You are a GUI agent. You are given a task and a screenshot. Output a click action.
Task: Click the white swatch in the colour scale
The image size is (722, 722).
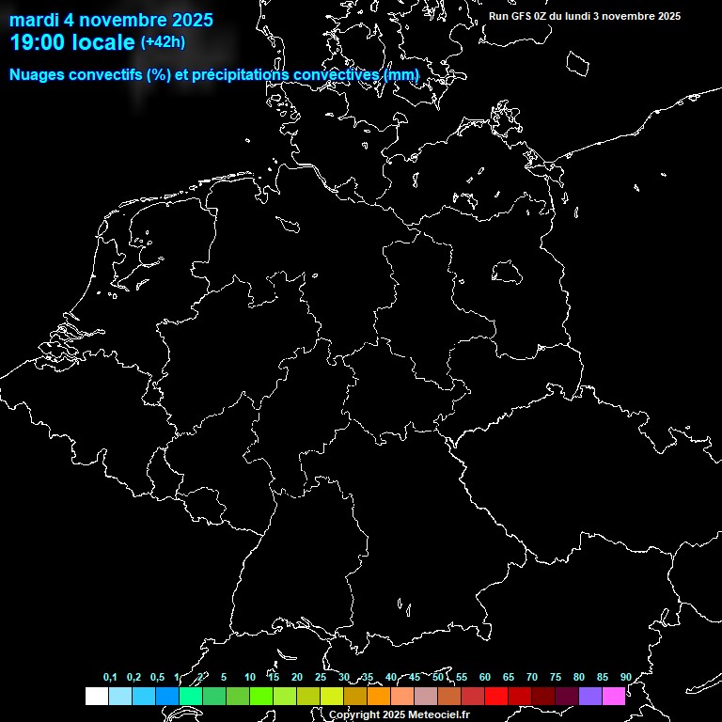[x=96, y=696]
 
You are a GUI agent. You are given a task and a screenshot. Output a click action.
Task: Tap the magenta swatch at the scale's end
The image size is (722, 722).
[x=614, y=696]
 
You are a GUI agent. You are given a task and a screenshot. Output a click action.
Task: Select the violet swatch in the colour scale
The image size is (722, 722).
[x=590, y=696]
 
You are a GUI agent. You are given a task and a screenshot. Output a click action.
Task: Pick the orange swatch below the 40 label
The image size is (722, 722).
[x=379, y=696]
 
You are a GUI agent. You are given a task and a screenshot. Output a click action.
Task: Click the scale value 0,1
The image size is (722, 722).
[x=110, y=678]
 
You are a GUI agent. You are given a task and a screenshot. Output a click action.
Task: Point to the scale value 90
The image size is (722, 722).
[x=626, y=678]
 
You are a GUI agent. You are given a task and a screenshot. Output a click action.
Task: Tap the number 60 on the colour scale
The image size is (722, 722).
[x=485, y=678]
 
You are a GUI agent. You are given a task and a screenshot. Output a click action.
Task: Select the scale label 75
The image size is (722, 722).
[x=556, y=678]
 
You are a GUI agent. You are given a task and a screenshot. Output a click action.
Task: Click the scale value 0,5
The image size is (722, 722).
[x=157, y=678]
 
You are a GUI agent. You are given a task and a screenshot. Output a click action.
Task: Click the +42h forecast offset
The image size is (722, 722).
[x=163, y=42]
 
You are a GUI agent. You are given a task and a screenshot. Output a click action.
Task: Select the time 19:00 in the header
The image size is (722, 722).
[x=37, y=42]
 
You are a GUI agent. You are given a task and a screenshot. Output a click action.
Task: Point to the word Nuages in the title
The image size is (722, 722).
[x=36, y=74]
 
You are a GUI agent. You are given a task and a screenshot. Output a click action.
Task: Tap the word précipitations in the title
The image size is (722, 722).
[x=241, y=74]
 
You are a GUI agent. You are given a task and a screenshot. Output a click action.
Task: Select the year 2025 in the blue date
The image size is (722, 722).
[x=192, y=20]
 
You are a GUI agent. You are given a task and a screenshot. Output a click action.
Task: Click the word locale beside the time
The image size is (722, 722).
[x=102, y=42]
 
